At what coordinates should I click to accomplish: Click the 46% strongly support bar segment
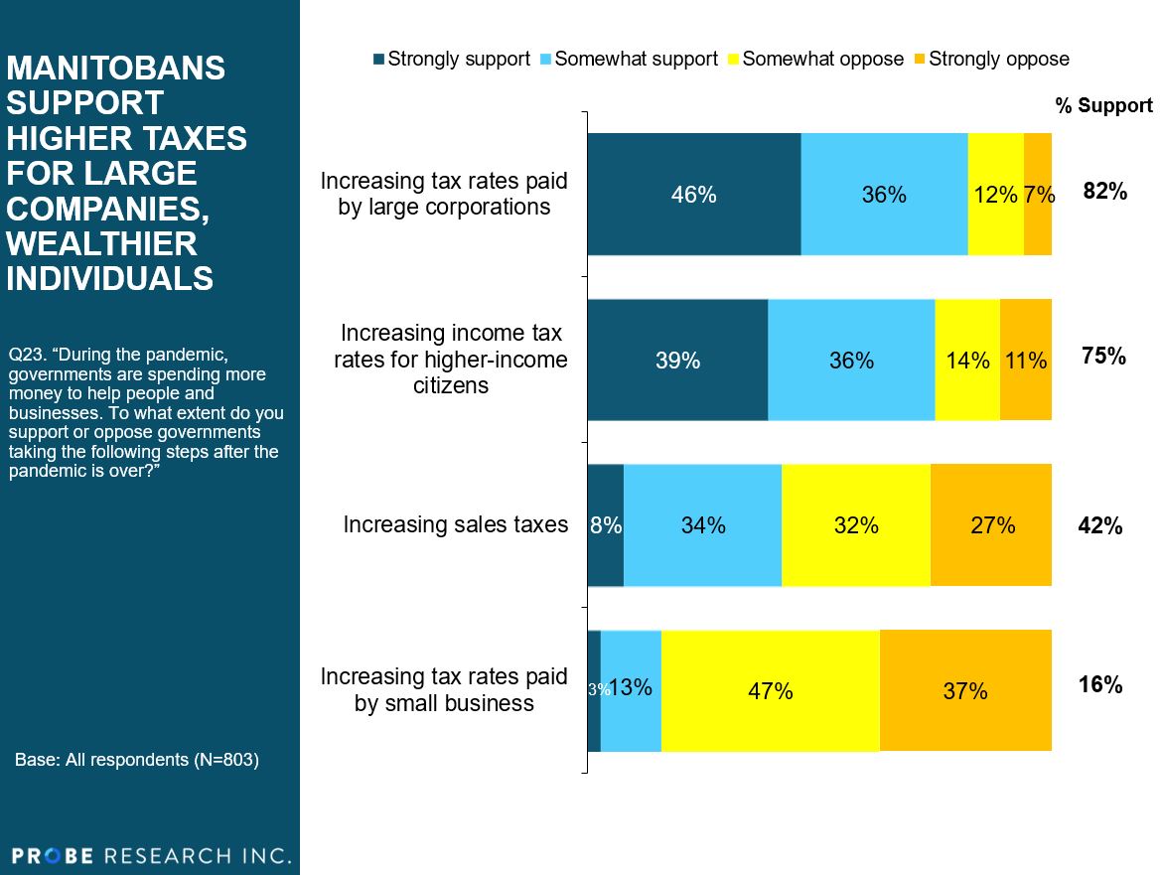point(694,195)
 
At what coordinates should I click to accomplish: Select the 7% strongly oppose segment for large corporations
point(1038,195)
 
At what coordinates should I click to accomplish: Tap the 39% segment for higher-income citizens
point(677,360)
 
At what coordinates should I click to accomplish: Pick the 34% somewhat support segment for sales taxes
point(702,524)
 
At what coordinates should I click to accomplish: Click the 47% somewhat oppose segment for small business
point(770,690)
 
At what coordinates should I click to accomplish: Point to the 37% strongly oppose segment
point(965,690)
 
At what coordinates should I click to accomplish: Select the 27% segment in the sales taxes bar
point(991,524)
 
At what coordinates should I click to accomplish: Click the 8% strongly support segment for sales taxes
point(606,524)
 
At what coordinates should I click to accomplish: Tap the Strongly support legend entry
point(451,59)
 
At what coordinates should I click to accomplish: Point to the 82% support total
point(1104,192)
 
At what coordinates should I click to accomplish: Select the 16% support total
point(1100,684)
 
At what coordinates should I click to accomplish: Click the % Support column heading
point(1103,105)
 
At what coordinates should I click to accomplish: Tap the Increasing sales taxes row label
point(456,524)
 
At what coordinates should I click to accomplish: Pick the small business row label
point(444,690)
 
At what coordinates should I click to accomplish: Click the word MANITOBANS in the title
point(116,69)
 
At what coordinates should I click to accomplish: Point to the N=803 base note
point(137,760)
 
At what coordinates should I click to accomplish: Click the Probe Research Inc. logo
point(151,855)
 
